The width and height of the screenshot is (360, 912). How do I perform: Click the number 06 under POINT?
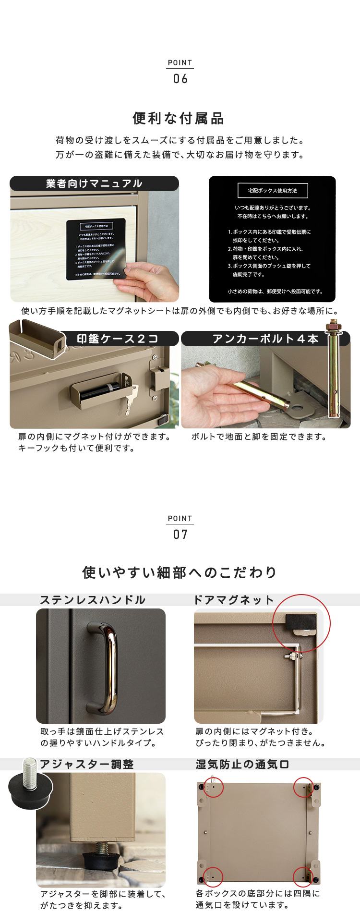click(x=180, y=79)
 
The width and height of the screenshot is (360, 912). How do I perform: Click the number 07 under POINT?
click(x=180, y=535)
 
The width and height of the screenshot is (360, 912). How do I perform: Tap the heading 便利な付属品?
click(x=179, y=118)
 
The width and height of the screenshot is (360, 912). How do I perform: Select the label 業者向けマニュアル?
click(x=94, y=183)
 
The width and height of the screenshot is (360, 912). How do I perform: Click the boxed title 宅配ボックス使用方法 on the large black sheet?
click(x=273, y=191)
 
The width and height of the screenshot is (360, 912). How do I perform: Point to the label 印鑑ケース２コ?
click(x=118, y=339)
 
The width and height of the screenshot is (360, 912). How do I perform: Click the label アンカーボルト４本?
click(x=265, y=339)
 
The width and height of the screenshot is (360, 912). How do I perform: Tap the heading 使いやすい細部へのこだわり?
click(x=180, y=572)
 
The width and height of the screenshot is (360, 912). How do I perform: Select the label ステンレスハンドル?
click(x=93, y=600)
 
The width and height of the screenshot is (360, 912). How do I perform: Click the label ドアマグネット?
click(x=233, y=600)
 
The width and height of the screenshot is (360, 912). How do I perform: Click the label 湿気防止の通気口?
click(x=242, y=765)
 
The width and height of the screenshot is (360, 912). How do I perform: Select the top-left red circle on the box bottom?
click(x=214, y=788)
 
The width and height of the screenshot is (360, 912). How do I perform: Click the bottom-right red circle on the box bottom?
click(x=303, y=877)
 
